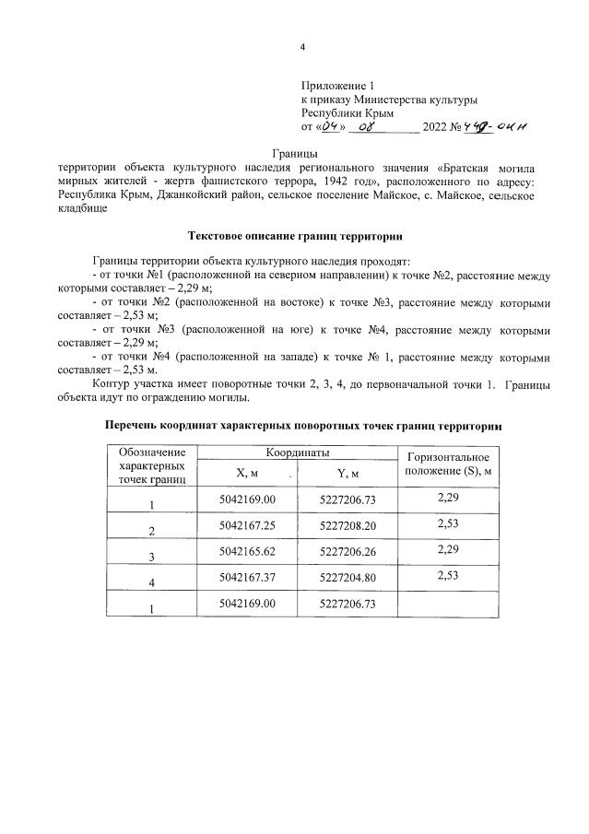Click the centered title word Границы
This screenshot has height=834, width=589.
click(295, 153)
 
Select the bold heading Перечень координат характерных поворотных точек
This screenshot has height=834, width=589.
click(303, 427)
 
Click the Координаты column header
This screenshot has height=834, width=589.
click(298, 453)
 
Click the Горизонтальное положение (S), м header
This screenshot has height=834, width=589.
click(447, 464)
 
